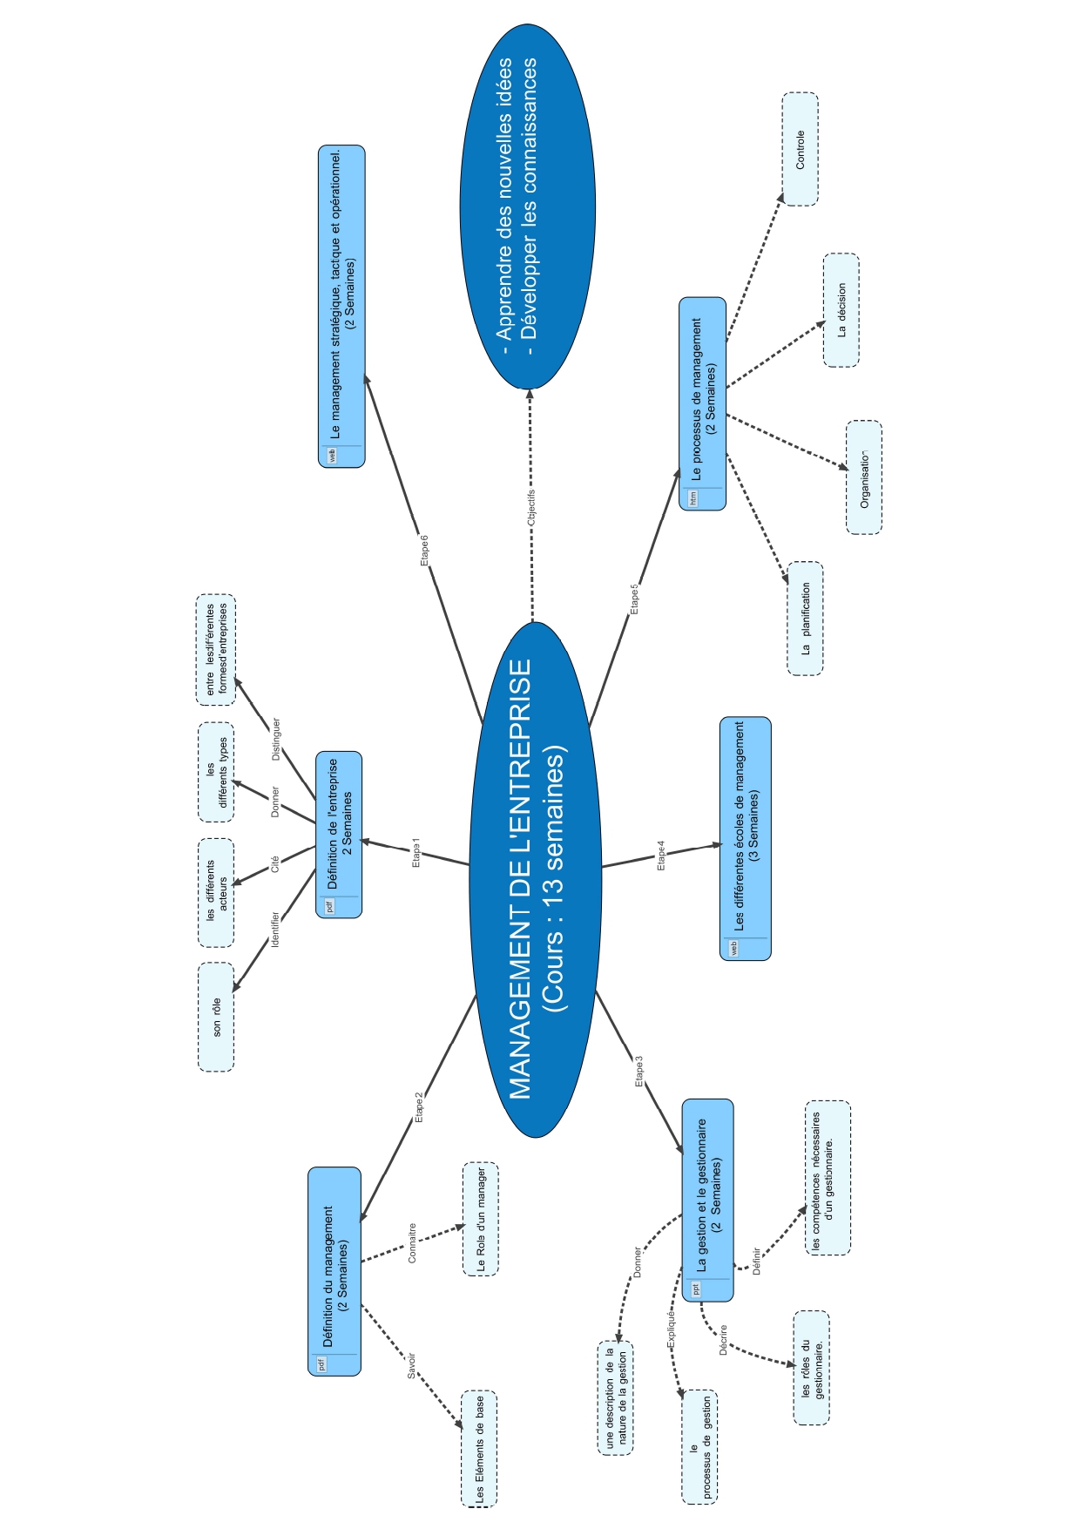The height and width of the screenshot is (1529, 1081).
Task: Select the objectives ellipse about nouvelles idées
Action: (528, 206)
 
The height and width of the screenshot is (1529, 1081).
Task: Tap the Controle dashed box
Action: (800, 149)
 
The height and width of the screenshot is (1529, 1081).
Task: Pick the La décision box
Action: (841, 310)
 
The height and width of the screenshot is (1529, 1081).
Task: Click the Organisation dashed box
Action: (863, 477)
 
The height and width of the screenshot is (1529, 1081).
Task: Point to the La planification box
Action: (805, 619)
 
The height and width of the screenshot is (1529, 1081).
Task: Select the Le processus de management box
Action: (702, 403)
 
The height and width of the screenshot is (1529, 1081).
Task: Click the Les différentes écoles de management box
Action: (746, 838)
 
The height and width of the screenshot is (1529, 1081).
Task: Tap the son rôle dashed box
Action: (216, 1017)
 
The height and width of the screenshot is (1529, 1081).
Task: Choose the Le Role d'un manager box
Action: (480, 1219)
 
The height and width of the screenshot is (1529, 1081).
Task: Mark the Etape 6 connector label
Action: (424, 551)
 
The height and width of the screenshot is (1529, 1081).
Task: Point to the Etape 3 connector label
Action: (639, 1072)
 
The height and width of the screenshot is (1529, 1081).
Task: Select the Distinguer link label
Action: (276, 740)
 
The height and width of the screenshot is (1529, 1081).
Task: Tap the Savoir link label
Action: (411, 1365)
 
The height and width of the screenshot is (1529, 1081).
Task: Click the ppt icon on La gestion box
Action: (695, 1289)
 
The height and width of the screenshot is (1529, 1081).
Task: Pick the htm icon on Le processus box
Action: (693, 498)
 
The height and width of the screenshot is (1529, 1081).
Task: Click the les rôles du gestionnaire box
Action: (811, 1368)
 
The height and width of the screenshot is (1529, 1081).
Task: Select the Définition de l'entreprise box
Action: (339, 834)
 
